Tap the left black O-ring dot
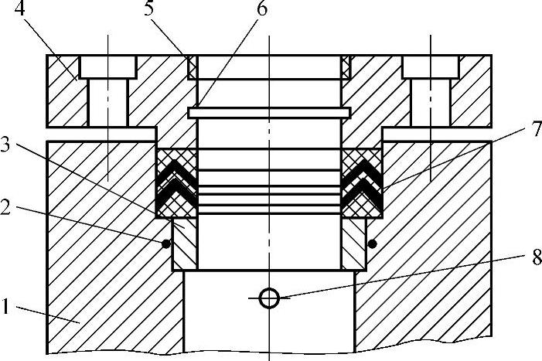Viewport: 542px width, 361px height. (165, 244)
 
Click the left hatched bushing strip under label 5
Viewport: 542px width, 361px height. (193, 67)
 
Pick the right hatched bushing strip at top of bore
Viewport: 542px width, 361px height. (344, 67)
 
